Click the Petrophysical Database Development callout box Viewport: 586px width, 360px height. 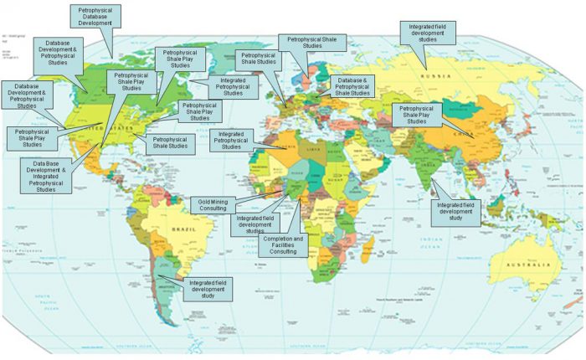click(95, 16)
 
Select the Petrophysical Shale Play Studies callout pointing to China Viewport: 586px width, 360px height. click(417, 115)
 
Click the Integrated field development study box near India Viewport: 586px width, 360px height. click(455, 213)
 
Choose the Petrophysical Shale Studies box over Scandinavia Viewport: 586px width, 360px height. click(311, 42)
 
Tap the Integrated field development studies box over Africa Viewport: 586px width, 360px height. click(255, 224)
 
